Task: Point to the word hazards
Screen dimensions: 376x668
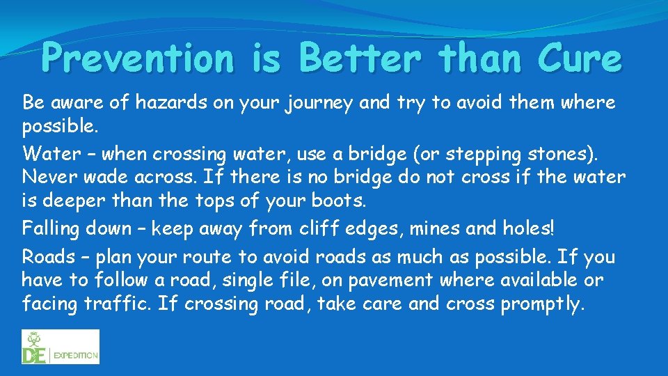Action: coord(166,103)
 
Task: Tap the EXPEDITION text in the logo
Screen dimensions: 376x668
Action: coord(76,354)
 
